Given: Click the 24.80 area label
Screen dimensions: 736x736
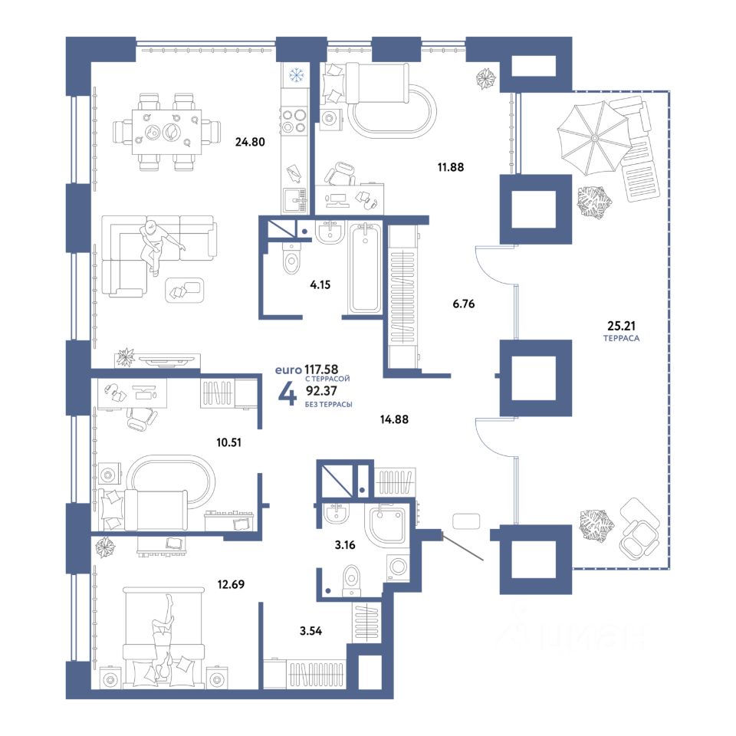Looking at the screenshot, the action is (x=250, y=141).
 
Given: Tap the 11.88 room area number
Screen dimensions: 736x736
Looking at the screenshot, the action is (x=451, y=166).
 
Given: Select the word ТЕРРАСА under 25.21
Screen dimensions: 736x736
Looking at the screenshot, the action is (x=621, y=338).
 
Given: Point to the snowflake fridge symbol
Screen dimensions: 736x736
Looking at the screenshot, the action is (x=296, y=74).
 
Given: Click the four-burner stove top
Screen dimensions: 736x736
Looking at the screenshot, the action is (x=293, y=120).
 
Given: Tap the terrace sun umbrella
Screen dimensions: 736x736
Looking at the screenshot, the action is (x=593, y=138).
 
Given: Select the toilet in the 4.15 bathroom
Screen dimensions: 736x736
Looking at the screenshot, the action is (x=291, y=258).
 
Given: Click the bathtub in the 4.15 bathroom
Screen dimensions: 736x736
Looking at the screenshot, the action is (x=365, y=267).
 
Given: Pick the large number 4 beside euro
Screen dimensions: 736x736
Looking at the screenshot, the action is (x=287, y=393).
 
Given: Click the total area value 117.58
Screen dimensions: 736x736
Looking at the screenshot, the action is (x=321, y=370).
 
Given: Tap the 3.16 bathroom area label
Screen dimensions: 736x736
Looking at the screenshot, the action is (x=345, y=545).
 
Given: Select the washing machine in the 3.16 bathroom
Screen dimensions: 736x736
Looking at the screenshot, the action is (x=398, y=566).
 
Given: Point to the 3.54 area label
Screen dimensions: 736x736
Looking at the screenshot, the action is (x=310, y=631).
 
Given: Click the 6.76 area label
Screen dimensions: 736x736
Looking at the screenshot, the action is (x=463, y=304).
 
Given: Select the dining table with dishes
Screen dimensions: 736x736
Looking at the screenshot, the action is (x=166, y=132).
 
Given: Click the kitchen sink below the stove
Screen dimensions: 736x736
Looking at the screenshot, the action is (x=294, y=200).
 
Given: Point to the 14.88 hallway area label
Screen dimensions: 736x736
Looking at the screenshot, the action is (x=394, y=419).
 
